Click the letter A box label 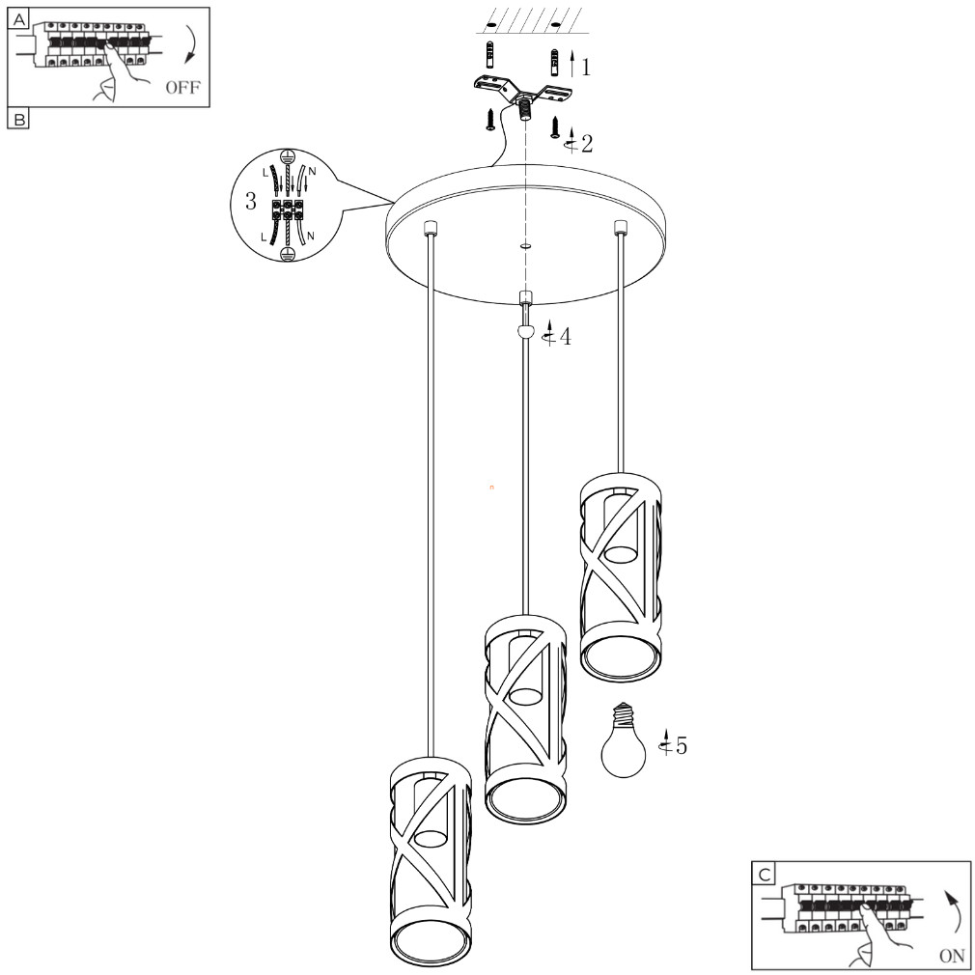point(19,20)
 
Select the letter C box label point(765,875)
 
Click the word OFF point(182,87)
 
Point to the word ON point(952,955)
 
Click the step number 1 point(585,68)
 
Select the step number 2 point(586,144)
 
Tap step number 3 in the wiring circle point(251,201)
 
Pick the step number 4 point(566,337)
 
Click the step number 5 point(682,745)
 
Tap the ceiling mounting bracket point(523,95)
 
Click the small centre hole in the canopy point(525,246)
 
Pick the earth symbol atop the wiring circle point(287,155)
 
